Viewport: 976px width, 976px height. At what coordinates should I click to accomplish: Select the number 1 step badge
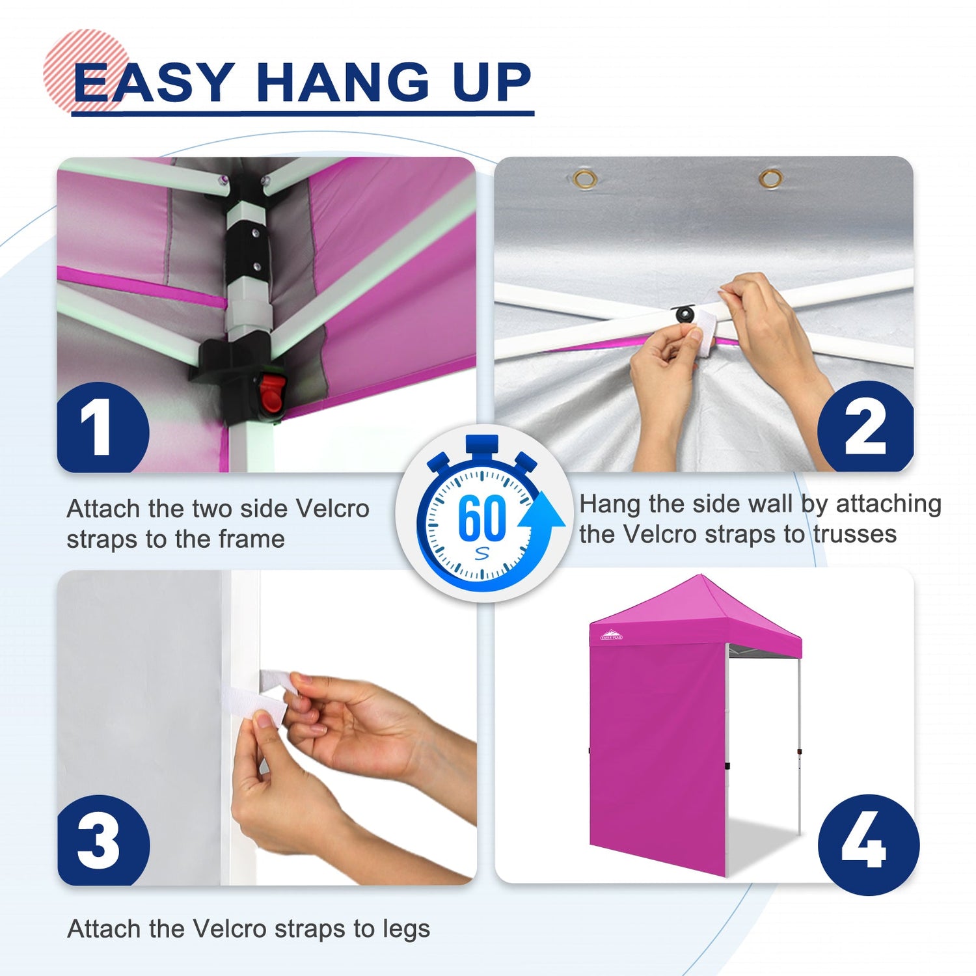[103, 427]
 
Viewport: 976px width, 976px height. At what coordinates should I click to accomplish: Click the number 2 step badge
[865, 426]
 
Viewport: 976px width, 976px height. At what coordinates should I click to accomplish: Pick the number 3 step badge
[103, 840]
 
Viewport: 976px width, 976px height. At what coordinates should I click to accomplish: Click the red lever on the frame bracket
[269, 394]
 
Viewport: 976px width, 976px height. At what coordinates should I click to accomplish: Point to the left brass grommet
[585, 179]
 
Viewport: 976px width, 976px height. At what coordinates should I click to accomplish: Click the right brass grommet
[771, 178]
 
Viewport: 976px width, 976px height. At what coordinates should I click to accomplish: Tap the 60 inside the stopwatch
[481, 518]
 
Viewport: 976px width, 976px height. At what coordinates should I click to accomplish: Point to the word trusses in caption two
[854, 534]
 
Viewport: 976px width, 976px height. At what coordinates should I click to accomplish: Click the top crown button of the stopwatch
[482, 444]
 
